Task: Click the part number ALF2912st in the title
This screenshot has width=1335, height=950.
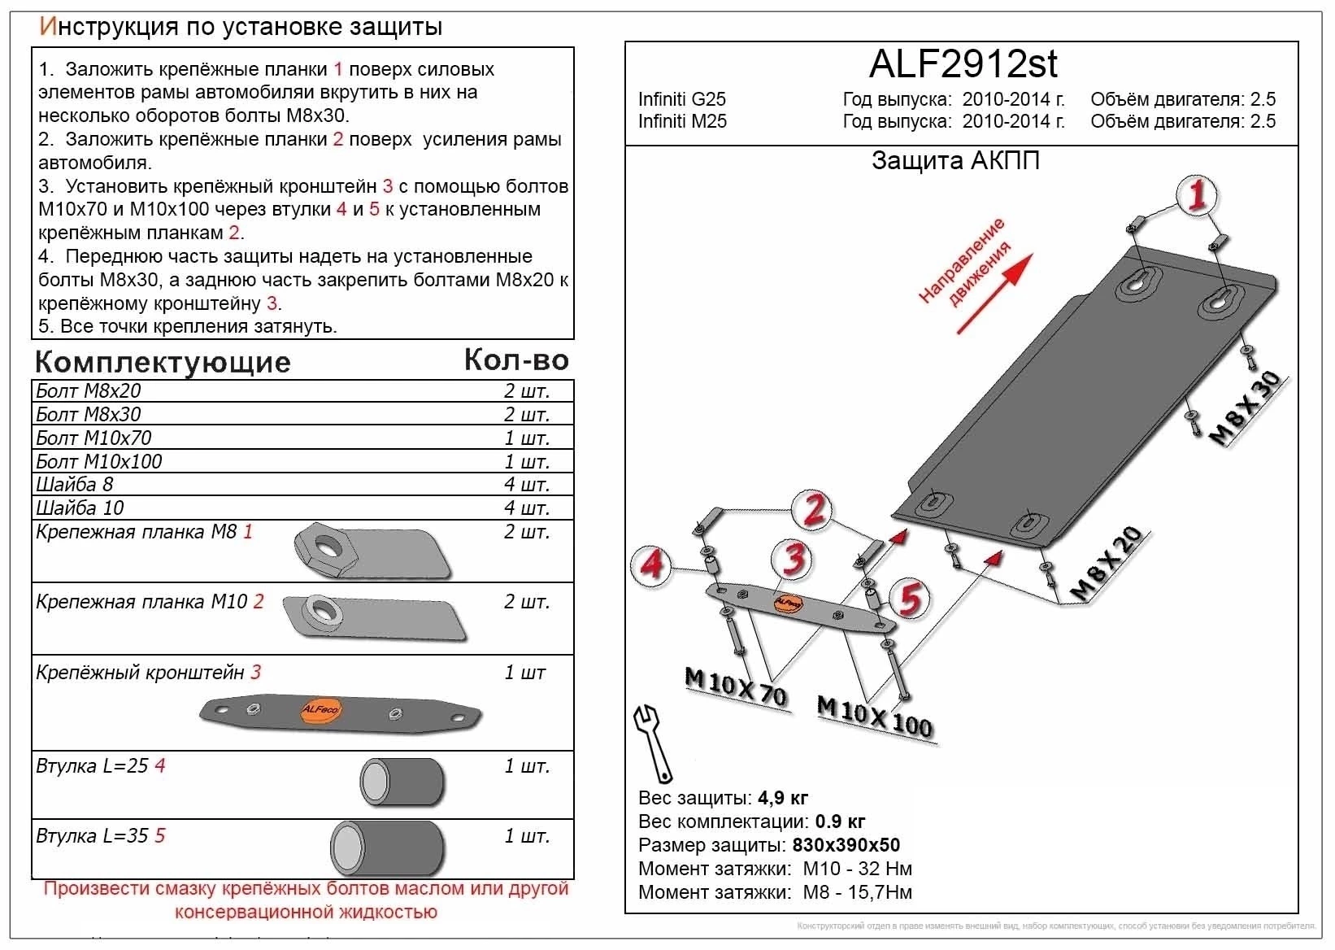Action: tap(963, 63)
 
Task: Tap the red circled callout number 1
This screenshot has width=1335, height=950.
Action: tap(1196, 196)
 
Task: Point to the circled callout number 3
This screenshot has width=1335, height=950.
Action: tap(794, 560)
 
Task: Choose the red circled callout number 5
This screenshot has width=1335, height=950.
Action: tap(908, 600)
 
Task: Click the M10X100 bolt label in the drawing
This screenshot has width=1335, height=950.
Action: tap(875, 716)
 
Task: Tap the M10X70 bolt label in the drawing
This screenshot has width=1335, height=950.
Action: tap(736, 687)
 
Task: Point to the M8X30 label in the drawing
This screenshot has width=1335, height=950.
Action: tap(1245, 409)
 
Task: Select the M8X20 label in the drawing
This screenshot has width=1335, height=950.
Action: tap(1107, 564)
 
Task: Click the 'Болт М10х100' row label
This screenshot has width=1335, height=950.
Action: tap(99, 461)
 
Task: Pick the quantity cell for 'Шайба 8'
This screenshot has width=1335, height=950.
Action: tap(527, 484)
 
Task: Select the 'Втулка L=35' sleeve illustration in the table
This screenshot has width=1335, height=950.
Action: tap(387, 846)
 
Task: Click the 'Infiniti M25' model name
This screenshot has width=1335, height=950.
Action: tap(682, 121)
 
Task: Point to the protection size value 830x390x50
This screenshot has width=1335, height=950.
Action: tap(846, 845)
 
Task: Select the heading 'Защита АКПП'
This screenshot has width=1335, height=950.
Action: tap(955, 160)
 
